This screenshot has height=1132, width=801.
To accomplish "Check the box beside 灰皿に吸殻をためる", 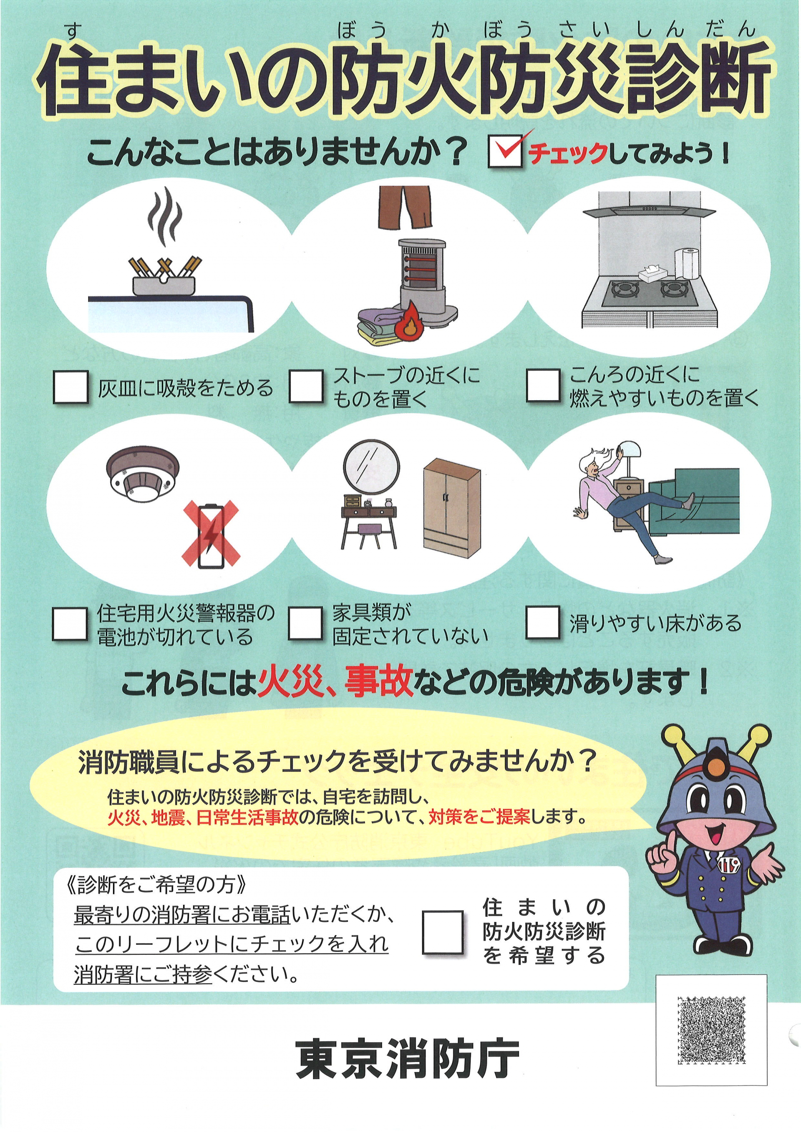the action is (x=71, y=387).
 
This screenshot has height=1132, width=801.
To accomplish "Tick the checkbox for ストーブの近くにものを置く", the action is (x=306, y=387).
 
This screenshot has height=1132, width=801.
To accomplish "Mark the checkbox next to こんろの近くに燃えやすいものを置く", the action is (x=543, y=386).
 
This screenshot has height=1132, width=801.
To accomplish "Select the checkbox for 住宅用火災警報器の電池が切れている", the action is (x=70, y=624).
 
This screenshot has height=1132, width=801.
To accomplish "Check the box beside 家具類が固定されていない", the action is (x=306, y=623).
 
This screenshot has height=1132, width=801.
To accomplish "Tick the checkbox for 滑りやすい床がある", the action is (x=543, y=622).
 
